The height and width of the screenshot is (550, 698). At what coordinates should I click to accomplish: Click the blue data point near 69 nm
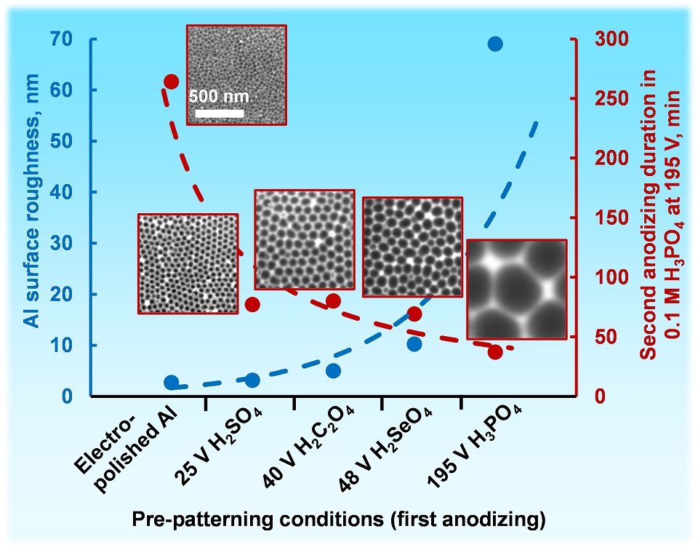coord(495,44)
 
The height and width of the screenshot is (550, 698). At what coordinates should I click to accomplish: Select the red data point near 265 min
coord(172,81)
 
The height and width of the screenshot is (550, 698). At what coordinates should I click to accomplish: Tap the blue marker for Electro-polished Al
coord(172,383)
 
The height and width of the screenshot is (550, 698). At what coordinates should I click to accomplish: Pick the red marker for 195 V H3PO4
coord(495,352)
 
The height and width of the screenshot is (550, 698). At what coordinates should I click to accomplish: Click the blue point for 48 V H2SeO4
coord(414,344)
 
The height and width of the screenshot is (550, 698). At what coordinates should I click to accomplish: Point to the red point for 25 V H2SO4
coord(253,304)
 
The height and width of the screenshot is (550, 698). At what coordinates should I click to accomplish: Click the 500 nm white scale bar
coord(219,113)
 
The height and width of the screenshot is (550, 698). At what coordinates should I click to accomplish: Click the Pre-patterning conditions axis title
coord(338,519)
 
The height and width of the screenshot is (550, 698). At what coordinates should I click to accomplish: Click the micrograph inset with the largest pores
coord(516,288)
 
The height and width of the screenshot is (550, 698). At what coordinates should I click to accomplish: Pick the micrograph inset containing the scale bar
coord(236,74)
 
